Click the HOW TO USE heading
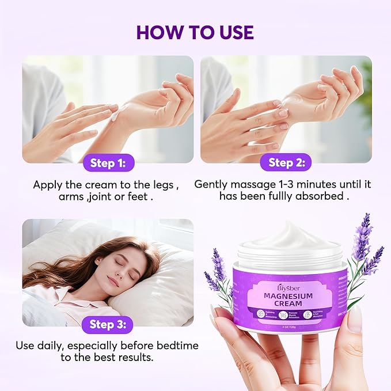pyautogui.click(x=195, y=32)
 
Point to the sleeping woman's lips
pyautogui.click(x=113, y=282)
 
